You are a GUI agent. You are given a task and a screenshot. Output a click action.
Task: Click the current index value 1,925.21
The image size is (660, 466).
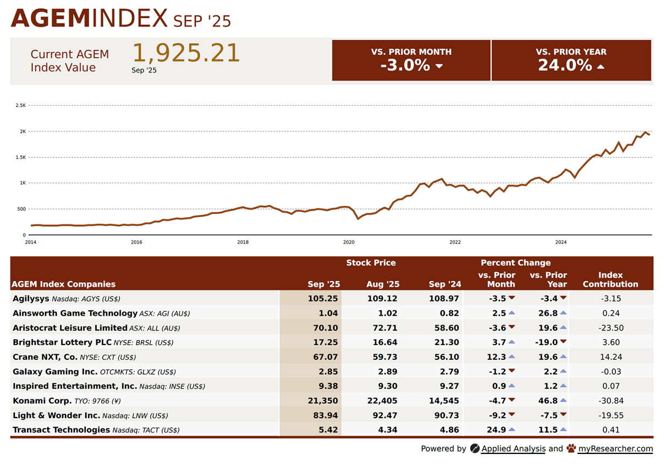(186, 53)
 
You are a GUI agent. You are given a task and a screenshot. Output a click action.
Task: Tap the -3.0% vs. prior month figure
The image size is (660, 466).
(405, 65)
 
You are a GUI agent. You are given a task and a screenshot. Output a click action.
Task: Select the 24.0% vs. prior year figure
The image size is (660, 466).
(565, 65)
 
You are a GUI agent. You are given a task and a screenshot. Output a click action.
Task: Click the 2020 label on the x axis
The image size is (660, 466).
(349, 242)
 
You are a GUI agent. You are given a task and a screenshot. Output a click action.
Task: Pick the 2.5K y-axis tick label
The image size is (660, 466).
(21, 105)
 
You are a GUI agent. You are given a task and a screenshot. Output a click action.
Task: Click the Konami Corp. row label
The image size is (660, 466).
(42, 401)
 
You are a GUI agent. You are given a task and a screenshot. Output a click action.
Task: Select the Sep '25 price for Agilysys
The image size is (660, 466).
(323, 298)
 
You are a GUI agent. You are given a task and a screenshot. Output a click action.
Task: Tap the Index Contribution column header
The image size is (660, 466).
(610, 279)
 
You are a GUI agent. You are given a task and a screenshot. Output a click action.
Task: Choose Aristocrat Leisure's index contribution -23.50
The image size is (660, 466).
(610, 328)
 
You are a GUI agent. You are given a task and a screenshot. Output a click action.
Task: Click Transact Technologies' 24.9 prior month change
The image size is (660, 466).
(497, 430)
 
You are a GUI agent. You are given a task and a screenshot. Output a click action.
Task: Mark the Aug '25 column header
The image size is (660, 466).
(383, 284)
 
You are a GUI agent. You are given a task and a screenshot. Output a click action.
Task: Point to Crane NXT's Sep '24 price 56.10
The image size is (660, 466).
(446, 357)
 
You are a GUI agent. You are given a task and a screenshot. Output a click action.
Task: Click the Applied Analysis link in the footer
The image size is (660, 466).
(513, 448)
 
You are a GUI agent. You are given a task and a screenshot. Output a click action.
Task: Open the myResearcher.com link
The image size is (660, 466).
(615, 448)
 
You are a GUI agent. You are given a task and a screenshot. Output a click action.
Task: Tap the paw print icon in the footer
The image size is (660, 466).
(571, 448)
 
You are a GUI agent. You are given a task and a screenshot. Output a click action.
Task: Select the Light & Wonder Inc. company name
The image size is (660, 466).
(56, 415)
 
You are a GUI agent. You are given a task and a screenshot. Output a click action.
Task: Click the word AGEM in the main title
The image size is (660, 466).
(50, 19)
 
